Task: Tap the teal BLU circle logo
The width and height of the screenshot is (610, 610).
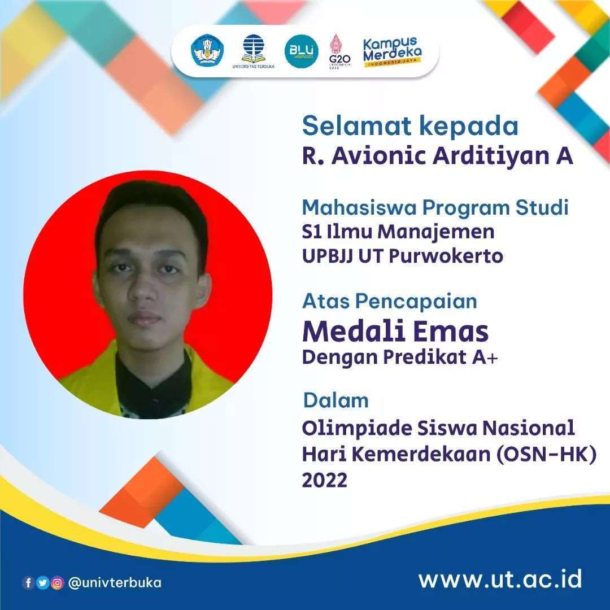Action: tap(301, 51)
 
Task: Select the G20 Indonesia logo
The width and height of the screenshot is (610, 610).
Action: tap(340, 51)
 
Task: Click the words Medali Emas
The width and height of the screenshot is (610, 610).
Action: tap(395, 332)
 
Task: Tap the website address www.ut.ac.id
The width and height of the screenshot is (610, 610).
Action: tap(500, 579)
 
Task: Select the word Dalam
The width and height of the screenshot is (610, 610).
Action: tap(336, 400)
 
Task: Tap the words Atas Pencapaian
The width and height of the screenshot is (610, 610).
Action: tap(390, 301)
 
